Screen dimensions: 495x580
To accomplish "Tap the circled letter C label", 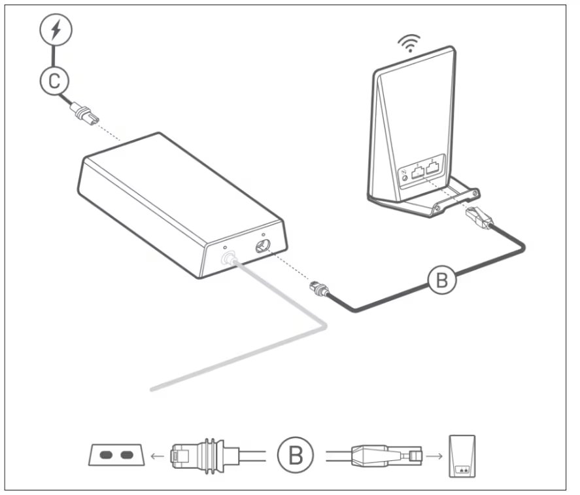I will [x=54, y=81].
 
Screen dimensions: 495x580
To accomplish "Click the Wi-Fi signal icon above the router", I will [x=409, y=44].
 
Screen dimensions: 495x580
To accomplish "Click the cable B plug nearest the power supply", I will [x=318, y=289].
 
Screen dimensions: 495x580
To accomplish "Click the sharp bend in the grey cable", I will [x=322, y=325].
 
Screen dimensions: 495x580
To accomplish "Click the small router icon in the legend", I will [x=462, y=454].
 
